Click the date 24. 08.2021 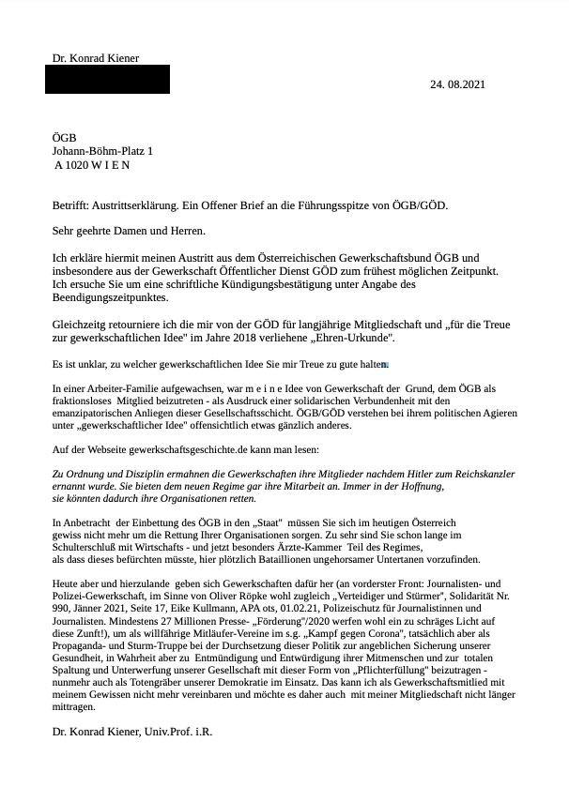click(x=458, y=84)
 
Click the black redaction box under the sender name click(x=107, y=79)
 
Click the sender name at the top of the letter click(x=96, y=58)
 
